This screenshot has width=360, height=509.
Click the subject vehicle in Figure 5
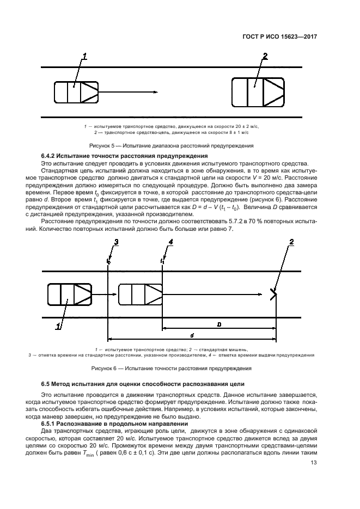point(76,91)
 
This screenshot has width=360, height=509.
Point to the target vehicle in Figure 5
point(258,91)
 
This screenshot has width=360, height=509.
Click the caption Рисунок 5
point(171,145)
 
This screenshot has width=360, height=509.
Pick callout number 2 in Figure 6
point(291,242)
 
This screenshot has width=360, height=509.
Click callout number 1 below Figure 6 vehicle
point(58,327)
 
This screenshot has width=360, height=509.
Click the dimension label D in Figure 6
point(218,323)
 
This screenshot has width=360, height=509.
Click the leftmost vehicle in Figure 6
point(69,295)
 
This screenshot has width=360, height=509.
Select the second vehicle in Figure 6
point(140,295)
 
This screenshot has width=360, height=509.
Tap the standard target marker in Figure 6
point(273,295)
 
